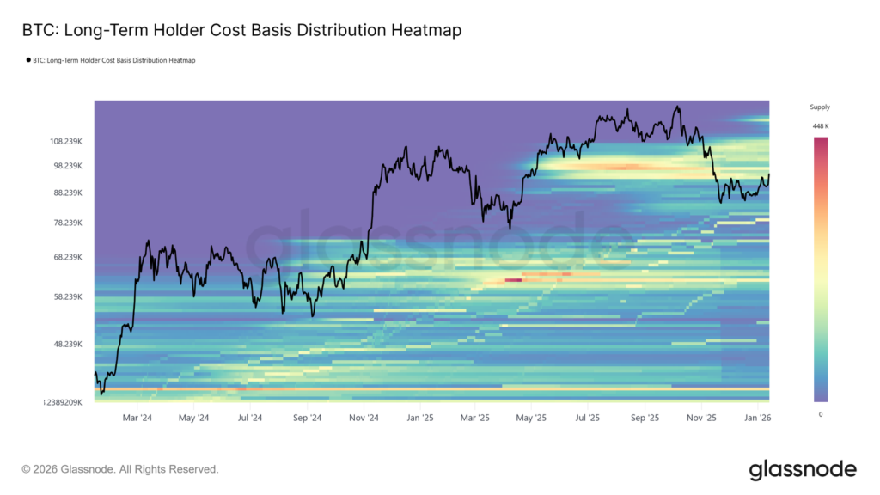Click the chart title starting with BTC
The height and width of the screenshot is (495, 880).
[241, 30]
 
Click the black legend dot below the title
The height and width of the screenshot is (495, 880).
[28, 61]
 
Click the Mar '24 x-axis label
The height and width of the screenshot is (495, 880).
[137, 418]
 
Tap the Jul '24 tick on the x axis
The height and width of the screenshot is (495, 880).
[250, 418]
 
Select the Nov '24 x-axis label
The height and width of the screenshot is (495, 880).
[364, 418]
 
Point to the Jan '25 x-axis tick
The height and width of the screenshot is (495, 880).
[420, 418]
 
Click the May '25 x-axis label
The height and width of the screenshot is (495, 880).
[532, 418]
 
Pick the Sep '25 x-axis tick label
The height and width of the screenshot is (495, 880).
[645, 418]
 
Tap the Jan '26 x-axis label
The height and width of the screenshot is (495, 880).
[758, 418]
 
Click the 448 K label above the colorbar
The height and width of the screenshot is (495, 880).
[820, 127]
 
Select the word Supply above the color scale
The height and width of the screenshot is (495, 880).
[820, 107]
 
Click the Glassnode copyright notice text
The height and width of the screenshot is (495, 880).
[120, 469]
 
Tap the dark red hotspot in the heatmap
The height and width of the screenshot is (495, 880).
[513, 279]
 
